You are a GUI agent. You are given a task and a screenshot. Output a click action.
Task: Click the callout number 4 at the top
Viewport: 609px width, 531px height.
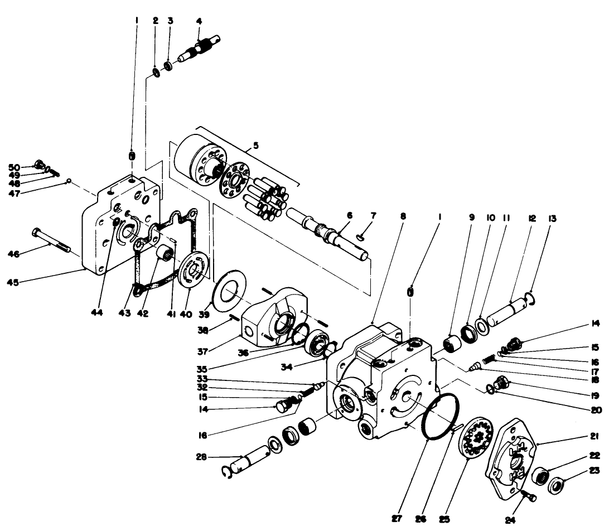point(199,21)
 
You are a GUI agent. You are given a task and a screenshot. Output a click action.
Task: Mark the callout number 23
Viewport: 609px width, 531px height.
point(594,470)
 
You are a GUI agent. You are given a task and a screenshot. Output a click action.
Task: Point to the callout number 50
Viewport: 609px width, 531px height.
point(14,167)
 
